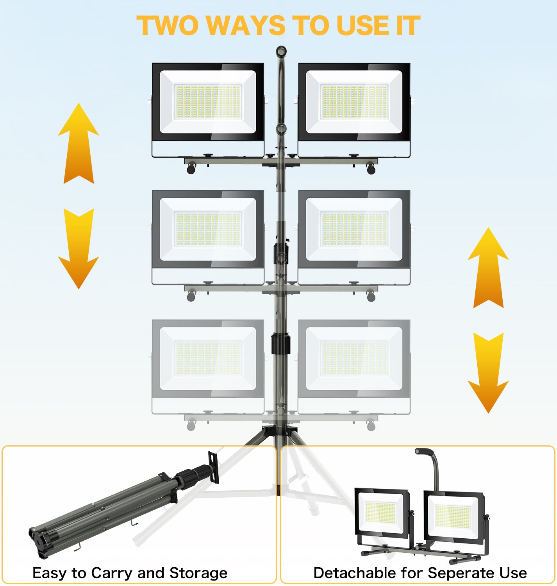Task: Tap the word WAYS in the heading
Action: coord(246,26)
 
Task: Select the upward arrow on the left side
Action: coord(79,143)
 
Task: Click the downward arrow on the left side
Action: coord(79,248)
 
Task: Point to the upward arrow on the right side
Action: coord(488,267)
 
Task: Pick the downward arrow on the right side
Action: coord(488,373)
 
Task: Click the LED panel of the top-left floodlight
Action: coord(208,102)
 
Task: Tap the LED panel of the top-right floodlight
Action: coord(354,102)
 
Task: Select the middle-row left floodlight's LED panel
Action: coord(208,229)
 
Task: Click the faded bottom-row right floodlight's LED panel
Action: coord(354,358)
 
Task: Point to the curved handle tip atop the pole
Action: coord(281,52)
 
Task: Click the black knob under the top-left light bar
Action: coord(191,169)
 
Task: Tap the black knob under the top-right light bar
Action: coord(371,169)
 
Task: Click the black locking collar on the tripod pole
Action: coord(280,344)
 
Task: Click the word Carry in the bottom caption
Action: coord(112,573)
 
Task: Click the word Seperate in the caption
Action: coord(461,573)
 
